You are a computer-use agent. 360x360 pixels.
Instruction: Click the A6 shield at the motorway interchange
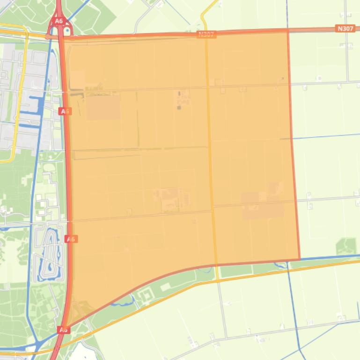coord(59,21)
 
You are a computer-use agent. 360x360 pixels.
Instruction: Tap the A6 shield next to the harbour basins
coord(66,111)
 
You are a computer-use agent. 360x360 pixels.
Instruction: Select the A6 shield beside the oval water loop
coord(71,239)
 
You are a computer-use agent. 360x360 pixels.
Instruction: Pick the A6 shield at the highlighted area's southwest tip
coord(64,330)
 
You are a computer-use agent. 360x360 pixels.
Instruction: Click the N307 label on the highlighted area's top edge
coord(206,35)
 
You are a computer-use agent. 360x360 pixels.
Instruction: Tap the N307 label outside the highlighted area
coord(345,29)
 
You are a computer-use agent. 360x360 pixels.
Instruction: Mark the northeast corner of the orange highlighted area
coord(287,31)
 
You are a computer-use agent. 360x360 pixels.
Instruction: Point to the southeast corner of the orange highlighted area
coord(299,259)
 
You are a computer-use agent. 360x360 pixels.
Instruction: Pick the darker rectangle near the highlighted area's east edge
coord(262,206)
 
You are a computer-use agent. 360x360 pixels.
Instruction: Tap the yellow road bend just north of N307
coord(204,18)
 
